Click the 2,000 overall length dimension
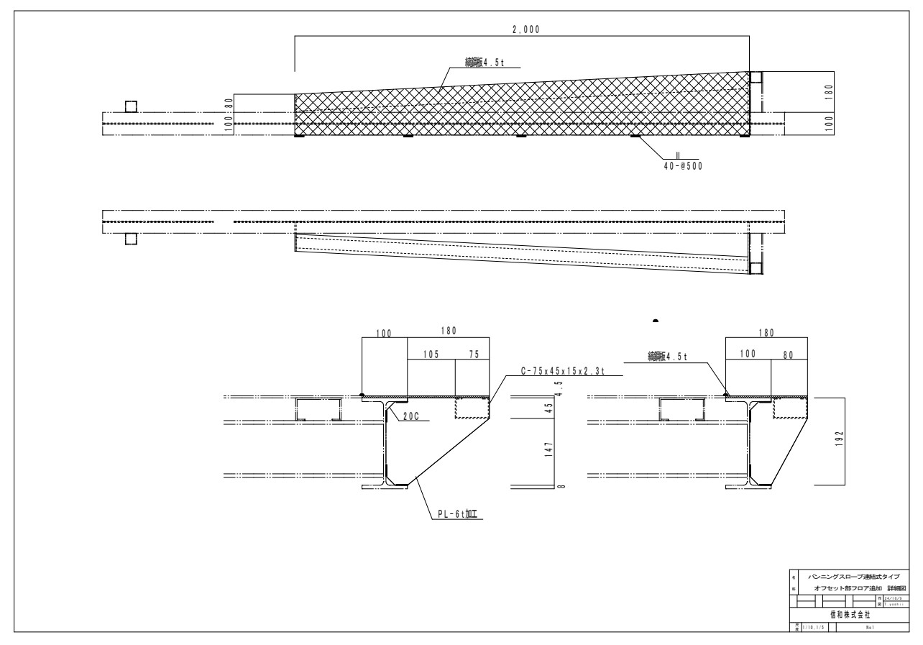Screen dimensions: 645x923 [523, 29]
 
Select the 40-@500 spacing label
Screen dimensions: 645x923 [683, 165]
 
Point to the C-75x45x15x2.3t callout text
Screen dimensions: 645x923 [570, 372]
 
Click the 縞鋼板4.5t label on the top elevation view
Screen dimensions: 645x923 [485, 63]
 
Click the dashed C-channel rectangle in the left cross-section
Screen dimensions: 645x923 [472, 408]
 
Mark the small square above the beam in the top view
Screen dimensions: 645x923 [131, 106]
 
